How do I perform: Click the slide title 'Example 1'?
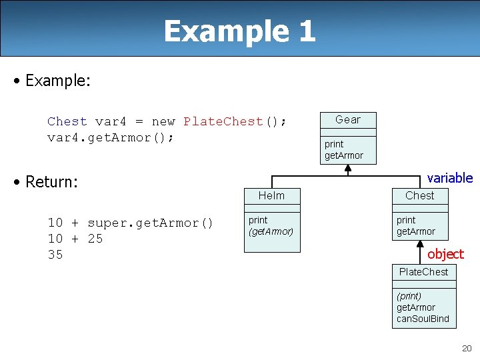pos(239,31)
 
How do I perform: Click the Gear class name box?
pos(347,120)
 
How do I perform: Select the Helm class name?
pos(271,195)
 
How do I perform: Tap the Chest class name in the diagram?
pos(419,195)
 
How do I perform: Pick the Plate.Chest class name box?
pos(423,272)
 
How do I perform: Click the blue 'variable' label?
pos(449,178)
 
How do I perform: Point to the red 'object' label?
pos(445,254)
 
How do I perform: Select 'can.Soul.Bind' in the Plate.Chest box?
pos(423,319)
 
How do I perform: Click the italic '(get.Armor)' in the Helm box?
pos(271,231)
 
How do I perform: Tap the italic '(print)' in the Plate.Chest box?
pos(409,295)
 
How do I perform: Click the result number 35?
pos(55,255)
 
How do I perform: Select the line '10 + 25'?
pos(75,239)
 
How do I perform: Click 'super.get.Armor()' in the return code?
pos(150,223)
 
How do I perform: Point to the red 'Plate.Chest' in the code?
pos(223,121)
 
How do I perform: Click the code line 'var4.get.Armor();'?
pos(111,137)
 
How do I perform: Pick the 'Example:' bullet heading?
pos(57,81)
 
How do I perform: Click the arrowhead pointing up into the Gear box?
pos(347,168)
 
